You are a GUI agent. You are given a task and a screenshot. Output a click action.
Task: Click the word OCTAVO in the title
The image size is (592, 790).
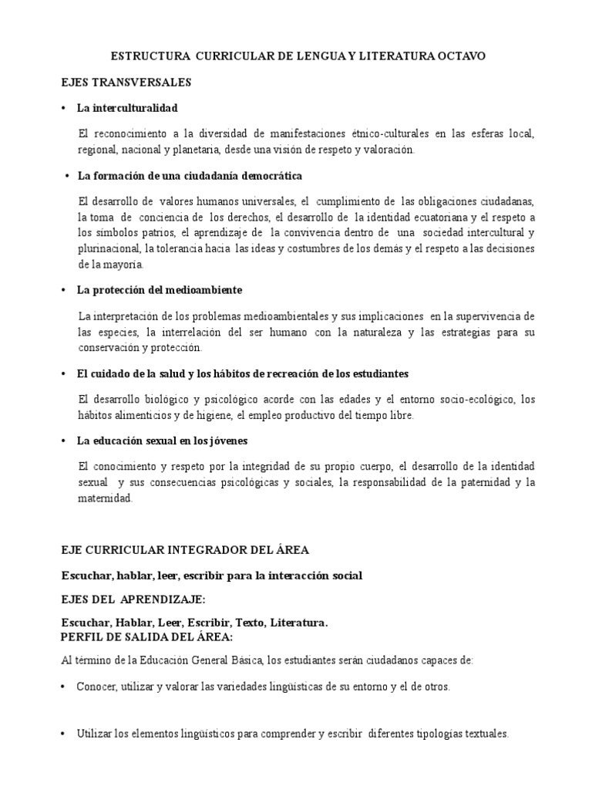(459, 57)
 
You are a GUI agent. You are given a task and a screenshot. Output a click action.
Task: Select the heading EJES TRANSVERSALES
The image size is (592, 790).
(126, 82)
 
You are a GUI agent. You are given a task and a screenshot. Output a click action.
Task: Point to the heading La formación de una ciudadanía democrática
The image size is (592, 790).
(190, 176)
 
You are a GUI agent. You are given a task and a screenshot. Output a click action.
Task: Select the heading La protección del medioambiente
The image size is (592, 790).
(160, 290)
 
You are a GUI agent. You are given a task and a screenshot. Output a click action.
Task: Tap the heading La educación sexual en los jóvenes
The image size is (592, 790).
(162, 441)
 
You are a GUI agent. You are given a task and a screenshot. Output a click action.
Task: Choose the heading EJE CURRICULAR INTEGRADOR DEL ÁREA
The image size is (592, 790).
(185, 550)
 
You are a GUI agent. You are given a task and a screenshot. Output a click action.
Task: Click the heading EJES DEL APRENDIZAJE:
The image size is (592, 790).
(133, 599)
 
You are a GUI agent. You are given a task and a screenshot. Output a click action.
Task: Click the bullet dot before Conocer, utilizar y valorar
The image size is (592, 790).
(64, 687)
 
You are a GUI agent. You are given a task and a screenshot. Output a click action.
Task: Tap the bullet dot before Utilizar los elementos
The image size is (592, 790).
(64, 734)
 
